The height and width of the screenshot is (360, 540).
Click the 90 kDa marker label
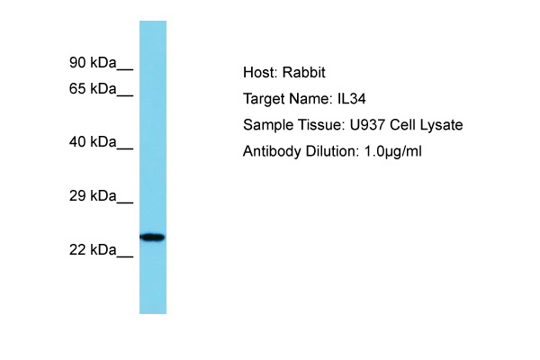93,63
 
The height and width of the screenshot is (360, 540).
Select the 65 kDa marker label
93,88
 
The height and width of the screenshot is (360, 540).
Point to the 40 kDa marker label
93,141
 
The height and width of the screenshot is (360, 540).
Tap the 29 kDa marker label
93,195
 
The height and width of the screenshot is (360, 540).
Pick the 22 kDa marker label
93,250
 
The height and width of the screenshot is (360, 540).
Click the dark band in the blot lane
152,237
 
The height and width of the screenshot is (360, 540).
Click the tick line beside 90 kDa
125,69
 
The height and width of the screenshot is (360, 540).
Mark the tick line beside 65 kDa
125,95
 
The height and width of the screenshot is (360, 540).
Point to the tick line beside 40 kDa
125,148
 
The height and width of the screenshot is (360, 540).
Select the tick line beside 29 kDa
125,202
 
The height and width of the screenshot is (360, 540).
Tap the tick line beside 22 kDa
125,256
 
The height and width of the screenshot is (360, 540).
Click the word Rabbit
304,72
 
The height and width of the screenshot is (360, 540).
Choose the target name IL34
351,99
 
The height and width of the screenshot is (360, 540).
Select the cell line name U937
367,125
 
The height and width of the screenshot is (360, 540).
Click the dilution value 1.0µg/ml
392,151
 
